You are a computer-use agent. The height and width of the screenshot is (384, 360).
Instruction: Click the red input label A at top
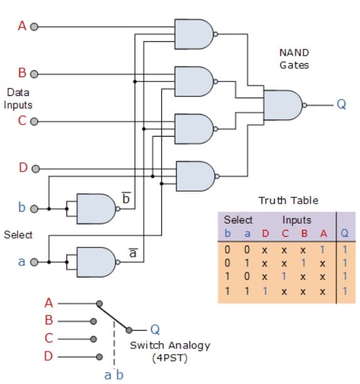click(x=21, y=26)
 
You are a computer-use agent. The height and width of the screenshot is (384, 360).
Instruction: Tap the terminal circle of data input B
click(x=34, y=74)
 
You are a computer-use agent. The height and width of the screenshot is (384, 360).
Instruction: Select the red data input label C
click(x=21, y=122)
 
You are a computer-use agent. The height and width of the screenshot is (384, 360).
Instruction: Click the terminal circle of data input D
click(x=34, y=169)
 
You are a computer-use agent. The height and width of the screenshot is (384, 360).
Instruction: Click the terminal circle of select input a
click(x=34, y=262)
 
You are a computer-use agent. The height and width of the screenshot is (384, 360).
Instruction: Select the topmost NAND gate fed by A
click(x=195, y=33)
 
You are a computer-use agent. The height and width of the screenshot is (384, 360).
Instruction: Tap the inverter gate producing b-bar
click(x=95, y=208)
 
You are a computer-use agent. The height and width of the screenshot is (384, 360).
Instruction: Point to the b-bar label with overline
click(x=125, y=198)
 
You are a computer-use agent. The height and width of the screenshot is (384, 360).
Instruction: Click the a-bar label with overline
click(x=132, y=253)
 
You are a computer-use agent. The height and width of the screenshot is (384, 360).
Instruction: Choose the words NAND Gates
click(x=294, y=59)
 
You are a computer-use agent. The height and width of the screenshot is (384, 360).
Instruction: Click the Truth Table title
click(x=288, y=200)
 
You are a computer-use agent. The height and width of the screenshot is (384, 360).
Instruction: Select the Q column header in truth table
click(x=344, y=234)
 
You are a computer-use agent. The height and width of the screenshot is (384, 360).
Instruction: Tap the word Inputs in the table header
click(x=297, y=220)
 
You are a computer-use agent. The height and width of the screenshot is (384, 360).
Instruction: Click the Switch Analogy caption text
click(x=169, y=345)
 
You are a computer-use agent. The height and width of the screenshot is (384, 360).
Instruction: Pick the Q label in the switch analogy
click(x=156, y=329)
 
